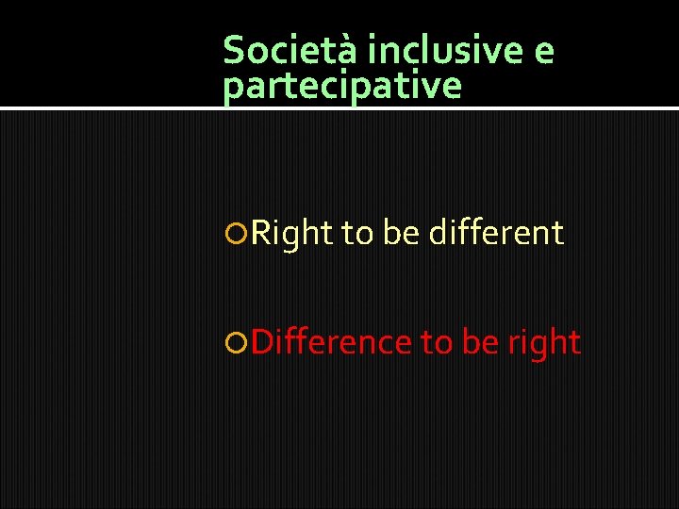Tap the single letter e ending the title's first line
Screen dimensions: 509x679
544,51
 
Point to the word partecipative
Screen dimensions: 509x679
342,87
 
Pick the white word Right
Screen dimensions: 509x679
292,233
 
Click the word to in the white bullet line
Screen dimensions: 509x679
357,233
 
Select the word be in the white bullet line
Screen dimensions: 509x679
401,233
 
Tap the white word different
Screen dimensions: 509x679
496,233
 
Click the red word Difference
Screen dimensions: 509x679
332,342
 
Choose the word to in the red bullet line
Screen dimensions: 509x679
437,343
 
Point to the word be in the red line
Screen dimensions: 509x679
480,343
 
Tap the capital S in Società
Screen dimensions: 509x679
233,49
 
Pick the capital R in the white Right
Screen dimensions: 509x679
261,233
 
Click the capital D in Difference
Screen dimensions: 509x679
263,342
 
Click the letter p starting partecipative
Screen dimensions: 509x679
232,89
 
